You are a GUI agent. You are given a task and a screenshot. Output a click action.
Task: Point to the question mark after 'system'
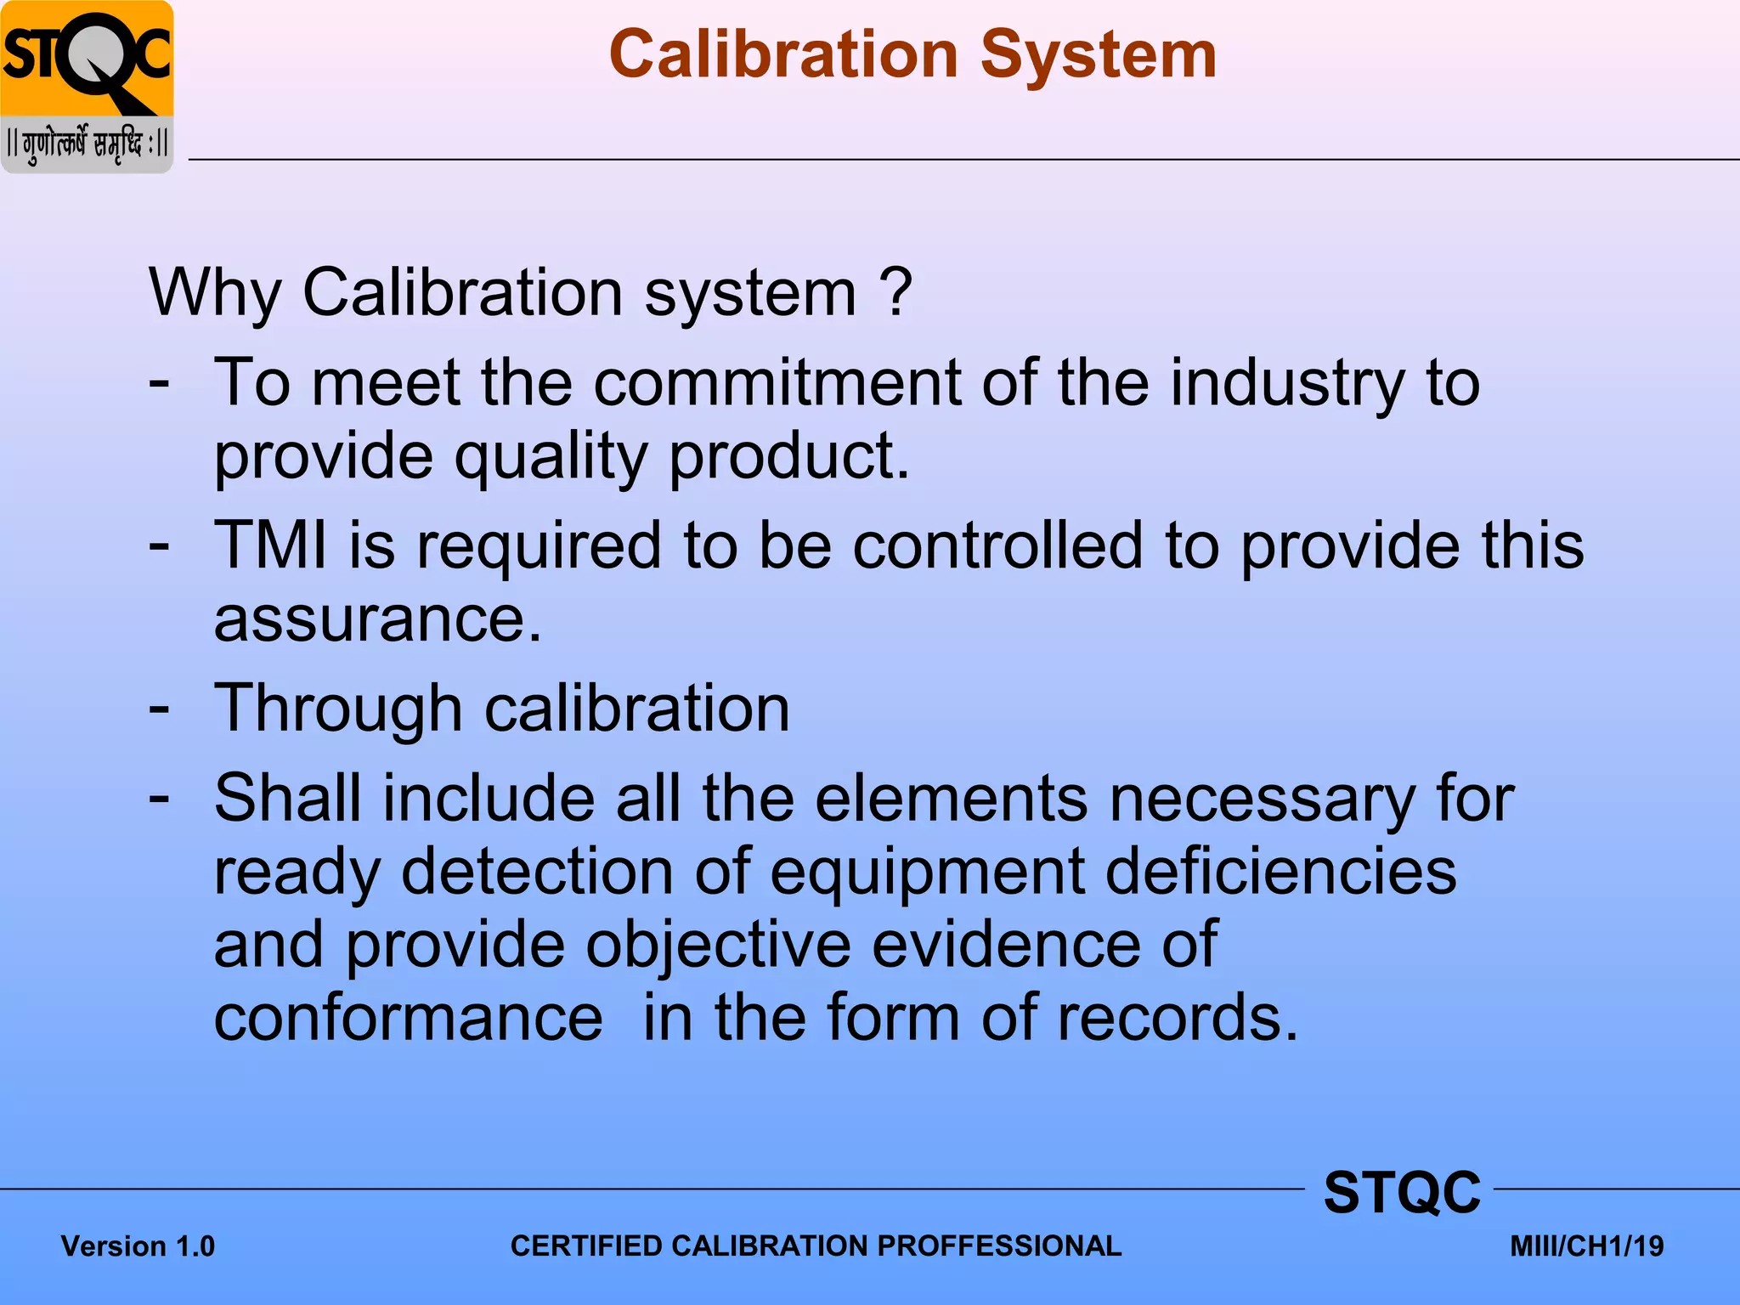point(895,292)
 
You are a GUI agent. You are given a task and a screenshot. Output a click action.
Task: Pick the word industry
point(1285,384)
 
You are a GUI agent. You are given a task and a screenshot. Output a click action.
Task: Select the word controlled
point(997,545)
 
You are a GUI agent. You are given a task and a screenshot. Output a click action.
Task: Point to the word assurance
point(377,619)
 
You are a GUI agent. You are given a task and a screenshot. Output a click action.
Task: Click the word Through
point(338,709)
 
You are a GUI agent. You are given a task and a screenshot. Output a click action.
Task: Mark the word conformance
point(409,1018)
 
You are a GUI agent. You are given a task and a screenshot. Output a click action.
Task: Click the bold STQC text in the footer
point(1402,1192)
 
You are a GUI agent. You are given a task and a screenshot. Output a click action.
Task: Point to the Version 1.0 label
point(138,1246)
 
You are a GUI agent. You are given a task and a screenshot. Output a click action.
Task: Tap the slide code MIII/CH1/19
point(1586,1246)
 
